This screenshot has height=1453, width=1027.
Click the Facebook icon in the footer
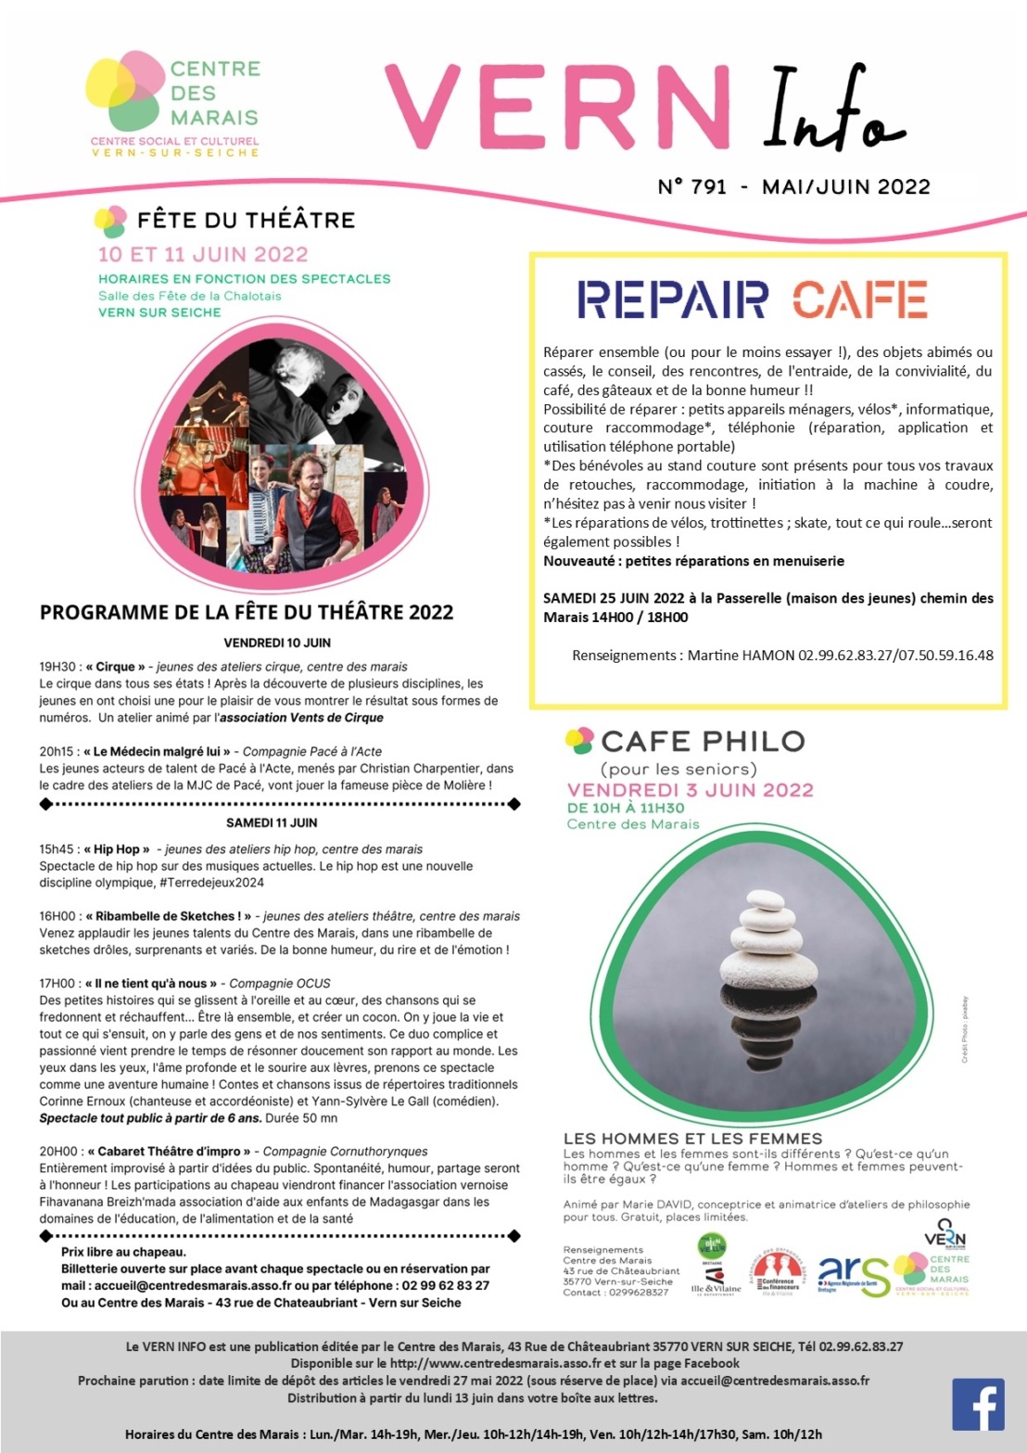(x=978, y=1405)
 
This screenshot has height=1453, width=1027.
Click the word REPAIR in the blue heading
(x=673, y=299)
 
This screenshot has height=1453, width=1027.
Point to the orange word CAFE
(x=859, y=299)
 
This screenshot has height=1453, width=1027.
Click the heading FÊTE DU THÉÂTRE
(x=246, y=220)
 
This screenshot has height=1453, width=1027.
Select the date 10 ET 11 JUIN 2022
(x=203, y=254)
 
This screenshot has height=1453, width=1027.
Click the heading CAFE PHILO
(x=703, y=741)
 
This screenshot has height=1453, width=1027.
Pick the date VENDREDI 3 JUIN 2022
(x=690, y=790)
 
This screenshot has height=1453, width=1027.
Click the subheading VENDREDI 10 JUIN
(x=277, y=643)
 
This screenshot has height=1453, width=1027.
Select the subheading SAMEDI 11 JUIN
(x=272, y=822)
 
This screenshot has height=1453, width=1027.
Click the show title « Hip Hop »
(x=116, y=849)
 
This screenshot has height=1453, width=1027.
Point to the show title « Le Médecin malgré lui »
(x=157, y=752)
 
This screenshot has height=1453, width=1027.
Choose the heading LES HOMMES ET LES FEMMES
(x=692, y=1139)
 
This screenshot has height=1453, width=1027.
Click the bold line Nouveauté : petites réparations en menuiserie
(x=693, y=561)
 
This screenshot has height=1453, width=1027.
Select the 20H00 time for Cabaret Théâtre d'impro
(x=57, y=1152)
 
